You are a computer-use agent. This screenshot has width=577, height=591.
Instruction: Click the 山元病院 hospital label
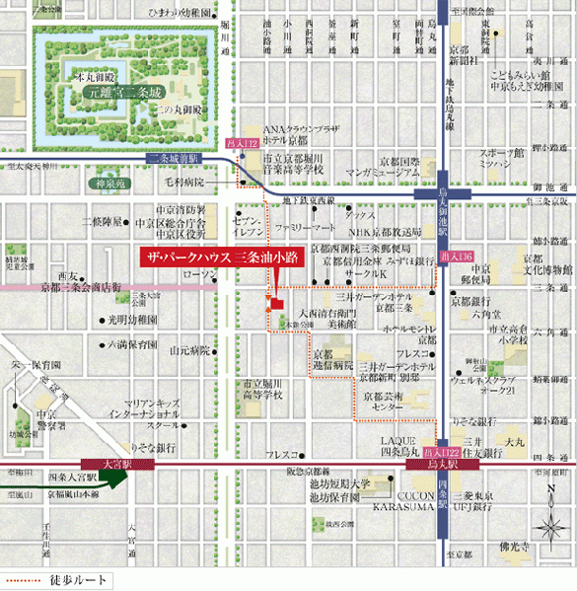pos(189,349)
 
